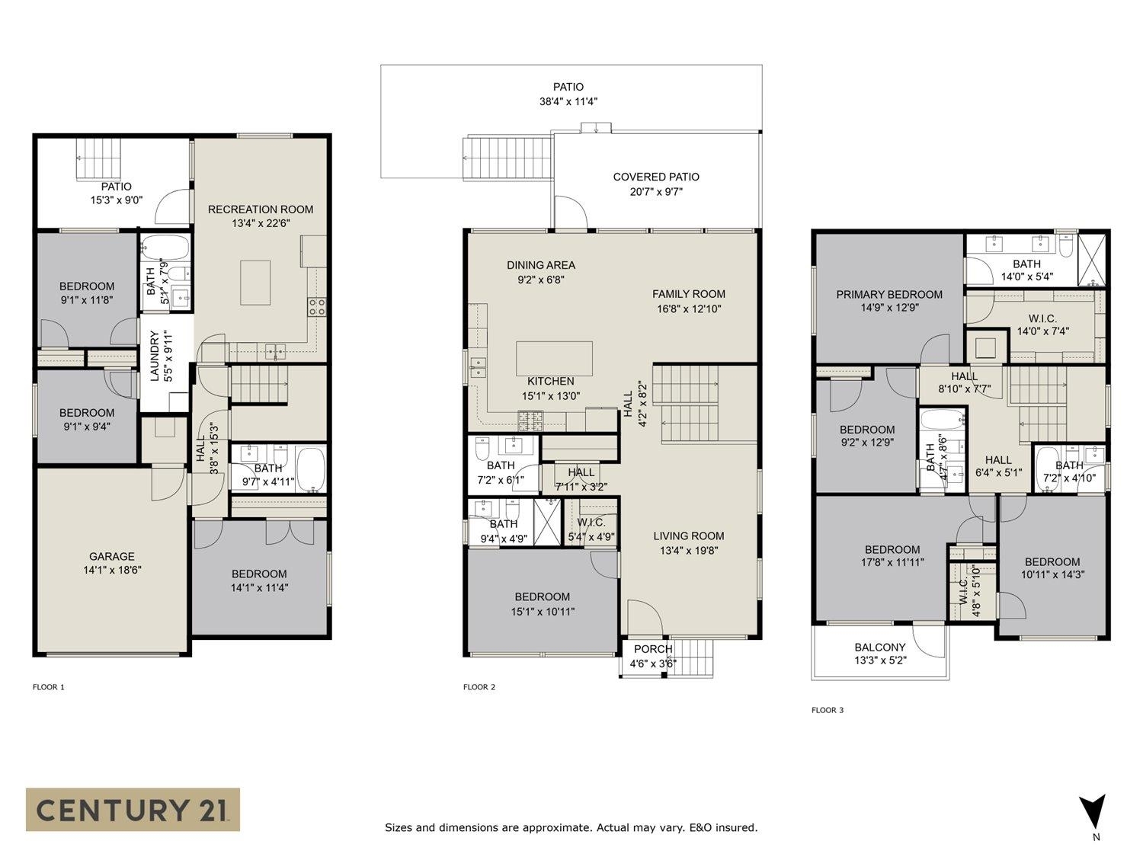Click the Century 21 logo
pyautogui.click(x=133, y=809)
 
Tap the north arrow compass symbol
pyautogui.click(x=1093, y=812)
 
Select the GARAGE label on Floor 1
pyautogui.click(x=111, y=556)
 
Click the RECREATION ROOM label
pyautogui.click(x=261, y=209)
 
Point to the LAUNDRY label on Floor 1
pyautogui.click(x=155, y=355)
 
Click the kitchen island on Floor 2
pyautogui.click(x=554, y=357)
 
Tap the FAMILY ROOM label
pyautogui.click(x=688, y=294)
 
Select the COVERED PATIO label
pyautogui.click(x=655, y=177)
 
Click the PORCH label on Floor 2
pyautogui.click(x=653, y=649)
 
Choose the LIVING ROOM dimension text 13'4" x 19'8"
pyautogui.click(x=688, y=550)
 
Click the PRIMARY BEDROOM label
pyautogui.click(x=888, y=295)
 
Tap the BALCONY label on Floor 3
pyautogui.click(x=879, y=648)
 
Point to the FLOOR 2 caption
pyautogui.click(x=479, y=687)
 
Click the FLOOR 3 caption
pyautogui.click(x=828, y=710)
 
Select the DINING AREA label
pyautogui.click(x=541, y=265)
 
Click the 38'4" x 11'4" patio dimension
pyautogui.click(x=568, y=101)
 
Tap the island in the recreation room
pyautogui.click(x=255, y=283)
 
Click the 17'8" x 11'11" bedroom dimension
pyautogui.click(x=892, y=563)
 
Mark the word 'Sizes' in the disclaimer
pyautogui.click(x=399, y=827)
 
